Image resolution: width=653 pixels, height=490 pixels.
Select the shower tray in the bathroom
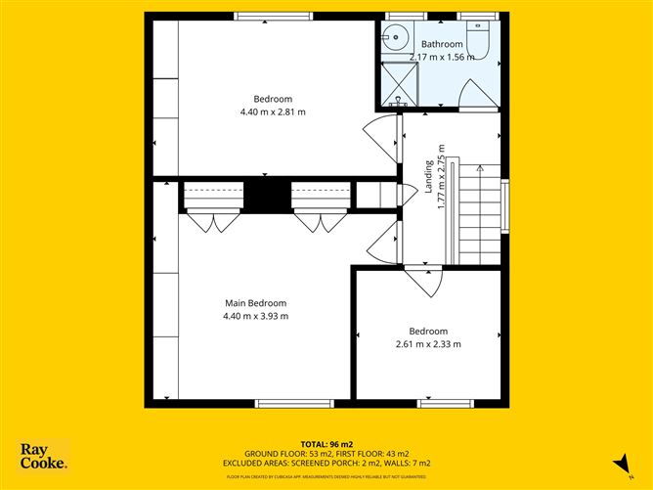(399, 84)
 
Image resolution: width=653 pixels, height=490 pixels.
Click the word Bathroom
(441, 45)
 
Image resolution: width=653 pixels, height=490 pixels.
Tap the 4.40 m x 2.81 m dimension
(273, 111)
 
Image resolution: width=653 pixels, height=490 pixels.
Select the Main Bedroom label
(256, 303)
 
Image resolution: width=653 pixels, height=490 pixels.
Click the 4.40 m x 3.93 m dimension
(256, 316)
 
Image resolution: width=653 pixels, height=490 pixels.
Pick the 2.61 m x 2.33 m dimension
(428, 343)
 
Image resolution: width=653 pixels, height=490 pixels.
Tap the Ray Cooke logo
(44, 456)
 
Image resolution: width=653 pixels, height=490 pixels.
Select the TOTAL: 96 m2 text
(326, 444)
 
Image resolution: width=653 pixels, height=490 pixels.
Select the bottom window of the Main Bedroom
(281, 403)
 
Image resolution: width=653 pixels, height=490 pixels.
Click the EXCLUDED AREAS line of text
(326, 463)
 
